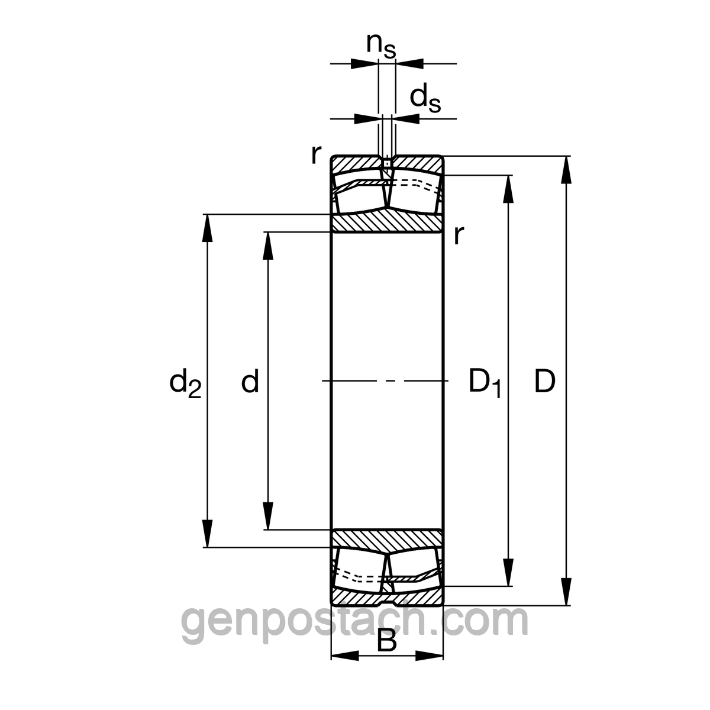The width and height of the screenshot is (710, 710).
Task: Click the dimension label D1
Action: pyautogui.click(x=485, y=383)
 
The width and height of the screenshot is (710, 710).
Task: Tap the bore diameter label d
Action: pyautogui.click(x=250, y=382)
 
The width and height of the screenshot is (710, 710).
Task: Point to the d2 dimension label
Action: pyautogui.click(x=185, y=383)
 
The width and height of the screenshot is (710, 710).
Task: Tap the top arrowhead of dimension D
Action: pyautogui.click(x=567, y=169)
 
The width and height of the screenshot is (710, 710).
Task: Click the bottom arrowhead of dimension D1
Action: pyautogui.click(x=508, y=573)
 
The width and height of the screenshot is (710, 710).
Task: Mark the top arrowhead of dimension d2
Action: pyautogui.click(x=207, y=228)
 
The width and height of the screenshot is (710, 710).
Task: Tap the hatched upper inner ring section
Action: pyautogui.click(x=386, y=223)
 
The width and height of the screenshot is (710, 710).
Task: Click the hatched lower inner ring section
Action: pyautogui.click(x=386, y=538)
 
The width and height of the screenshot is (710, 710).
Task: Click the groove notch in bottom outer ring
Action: pyautogui.click(x=386, y=602)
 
